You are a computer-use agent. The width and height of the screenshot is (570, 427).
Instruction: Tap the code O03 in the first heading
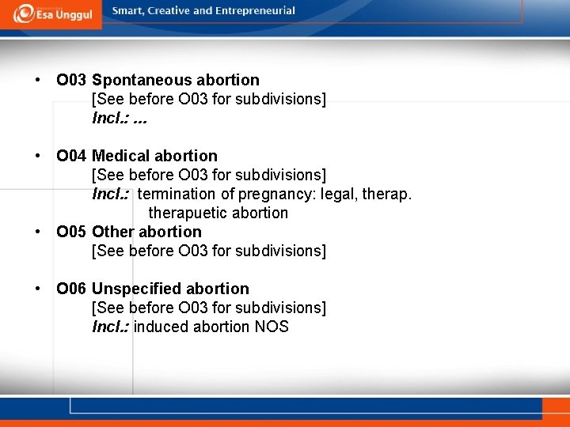click(x=71, y=80)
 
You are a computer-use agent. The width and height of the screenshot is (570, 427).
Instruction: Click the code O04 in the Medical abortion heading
click(x=71, y=156)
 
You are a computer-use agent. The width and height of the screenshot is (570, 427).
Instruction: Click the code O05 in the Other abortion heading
click(x=71, y=232)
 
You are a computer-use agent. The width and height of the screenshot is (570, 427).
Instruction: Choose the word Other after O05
click(x=113, y=232)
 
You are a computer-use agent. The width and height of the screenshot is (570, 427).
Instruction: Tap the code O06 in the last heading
click(x=71, y=289)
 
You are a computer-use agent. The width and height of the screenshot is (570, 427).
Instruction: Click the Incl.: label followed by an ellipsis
click(x=110, y=118)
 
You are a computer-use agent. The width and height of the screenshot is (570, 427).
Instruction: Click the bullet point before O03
click(x=37, y=80)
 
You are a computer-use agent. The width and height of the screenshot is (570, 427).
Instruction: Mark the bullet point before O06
click(x=37, y=289)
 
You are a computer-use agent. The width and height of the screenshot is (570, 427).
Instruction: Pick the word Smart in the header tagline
click(x=128, y=11)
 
